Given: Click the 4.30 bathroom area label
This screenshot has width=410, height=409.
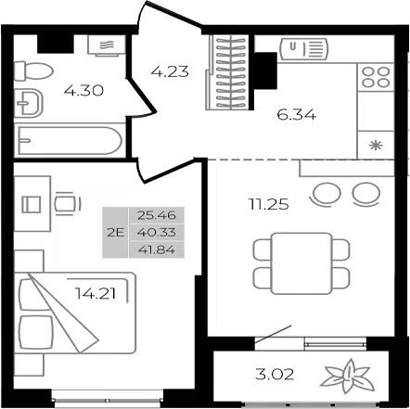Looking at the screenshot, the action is (83, 91).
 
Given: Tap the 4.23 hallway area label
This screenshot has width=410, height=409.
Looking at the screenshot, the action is (170, 71).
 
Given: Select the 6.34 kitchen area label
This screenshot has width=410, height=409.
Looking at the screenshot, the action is (297, 115).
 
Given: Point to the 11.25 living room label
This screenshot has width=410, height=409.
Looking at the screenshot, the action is (268, 204).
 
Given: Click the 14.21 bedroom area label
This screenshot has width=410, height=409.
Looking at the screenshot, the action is (96, 293).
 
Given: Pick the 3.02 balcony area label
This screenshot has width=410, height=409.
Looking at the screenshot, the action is (275, 375).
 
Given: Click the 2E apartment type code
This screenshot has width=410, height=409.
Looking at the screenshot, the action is (116, 232).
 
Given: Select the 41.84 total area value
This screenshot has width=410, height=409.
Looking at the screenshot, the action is (157, 249).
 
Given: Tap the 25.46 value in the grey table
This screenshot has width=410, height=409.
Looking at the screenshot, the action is (157, 215).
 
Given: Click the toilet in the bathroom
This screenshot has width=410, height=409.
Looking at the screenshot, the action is (33, 71).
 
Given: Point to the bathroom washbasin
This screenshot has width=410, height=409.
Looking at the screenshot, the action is (29, 103).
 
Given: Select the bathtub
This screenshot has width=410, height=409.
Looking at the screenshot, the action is (70, 141).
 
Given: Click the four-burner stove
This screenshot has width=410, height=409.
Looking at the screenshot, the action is (376, 77).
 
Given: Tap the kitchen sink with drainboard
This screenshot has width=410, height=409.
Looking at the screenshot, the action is (303, 49).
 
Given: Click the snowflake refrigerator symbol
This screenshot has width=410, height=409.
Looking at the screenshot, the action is (376, 145).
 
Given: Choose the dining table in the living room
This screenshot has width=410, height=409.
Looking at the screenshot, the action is (301, 263).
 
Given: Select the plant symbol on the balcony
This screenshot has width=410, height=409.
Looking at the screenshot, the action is (348, 377).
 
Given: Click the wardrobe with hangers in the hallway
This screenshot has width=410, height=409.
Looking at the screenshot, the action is (230, 72).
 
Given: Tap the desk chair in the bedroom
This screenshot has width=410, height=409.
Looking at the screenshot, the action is (67, 204).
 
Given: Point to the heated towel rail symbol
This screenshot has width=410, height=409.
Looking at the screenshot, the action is (107, 45).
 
